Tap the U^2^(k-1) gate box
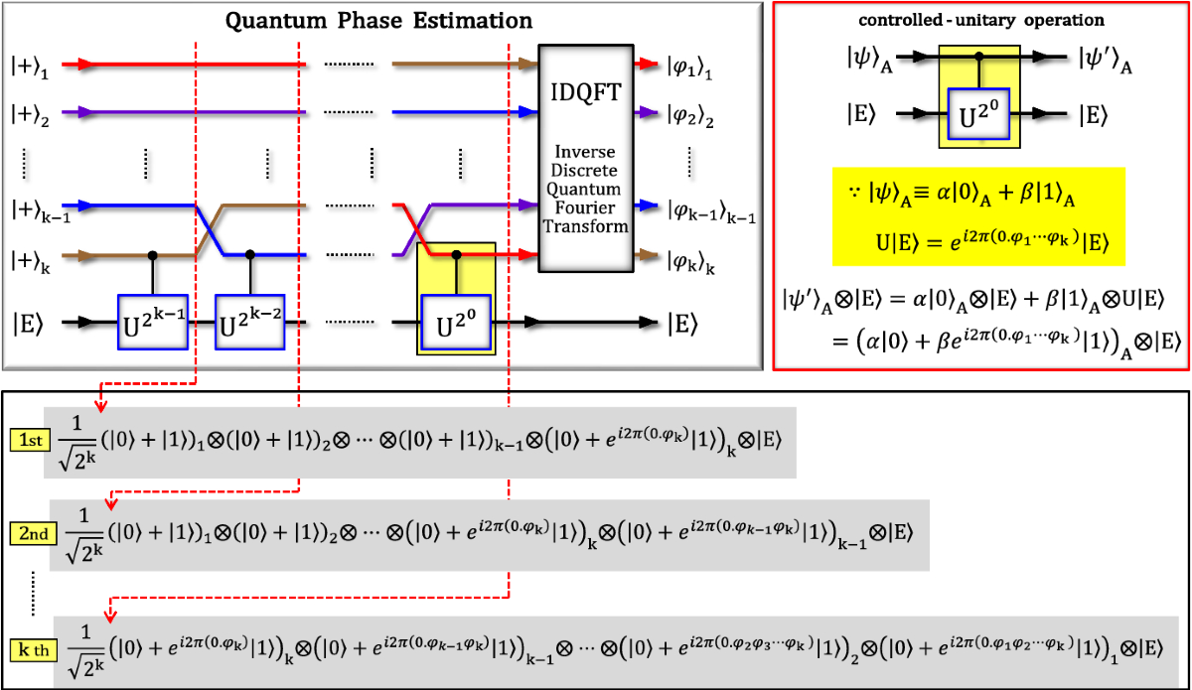click(x=152, y=322)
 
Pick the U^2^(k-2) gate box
click(x=249, y=322)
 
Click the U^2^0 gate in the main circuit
click(x=457, y=322)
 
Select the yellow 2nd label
click(x=30, y=534)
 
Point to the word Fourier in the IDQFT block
click(x=585, y=207)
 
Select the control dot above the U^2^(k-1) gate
click(x=152, y=255)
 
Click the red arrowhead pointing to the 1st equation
click(x=99, y=406)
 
